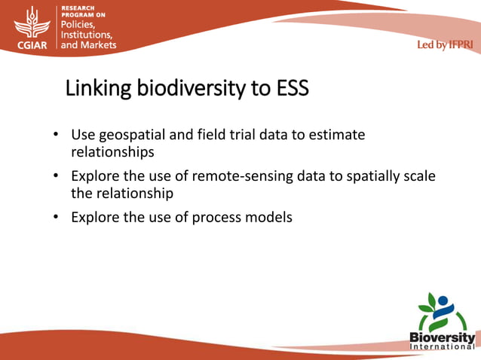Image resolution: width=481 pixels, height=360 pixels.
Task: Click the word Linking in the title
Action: point(97,89)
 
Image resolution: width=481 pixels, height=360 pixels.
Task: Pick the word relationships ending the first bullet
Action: point(112,151)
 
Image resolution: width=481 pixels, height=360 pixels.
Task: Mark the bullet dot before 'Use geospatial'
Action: point(56,136)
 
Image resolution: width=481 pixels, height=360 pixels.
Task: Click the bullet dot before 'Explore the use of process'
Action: point(56,218)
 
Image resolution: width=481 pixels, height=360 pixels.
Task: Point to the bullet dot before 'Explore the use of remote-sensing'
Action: point(56,177)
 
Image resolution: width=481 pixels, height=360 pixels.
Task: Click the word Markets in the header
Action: point(97,45)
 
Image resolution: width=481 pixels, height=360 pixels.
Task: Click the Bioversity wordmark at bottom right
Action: point(442,337)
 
